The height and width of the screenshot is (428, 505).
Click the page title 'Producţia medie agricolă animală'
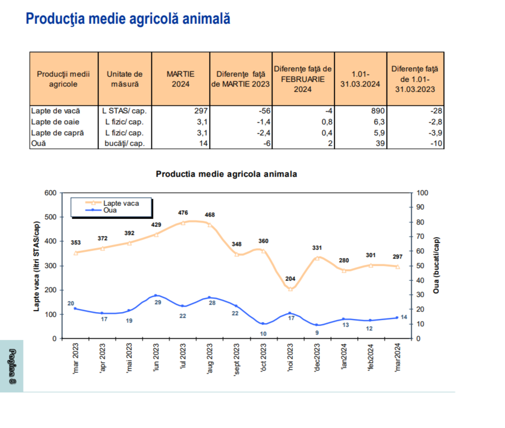point(128,19)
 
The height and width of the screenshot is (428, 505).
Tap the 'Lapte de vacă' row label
point(56,111)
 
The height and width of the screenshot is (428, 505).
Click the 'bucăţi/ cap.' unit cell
point(125,144)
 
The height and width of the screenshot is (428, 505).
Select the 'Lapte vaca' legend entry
point(121,203)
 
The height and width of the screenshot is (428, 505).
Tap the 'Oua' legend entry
point(110,210)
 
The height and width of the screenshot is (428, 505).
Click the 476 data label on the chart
point(183,212)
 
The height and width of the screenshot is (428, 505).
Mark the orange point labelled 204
point(290,288)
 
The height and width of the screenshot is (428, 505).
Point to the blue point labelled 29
point(156,295)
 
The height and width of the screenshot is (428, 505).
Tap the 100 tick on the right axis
point(422,192)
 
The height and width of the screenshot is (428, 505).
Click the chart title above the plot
point(226,174)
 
